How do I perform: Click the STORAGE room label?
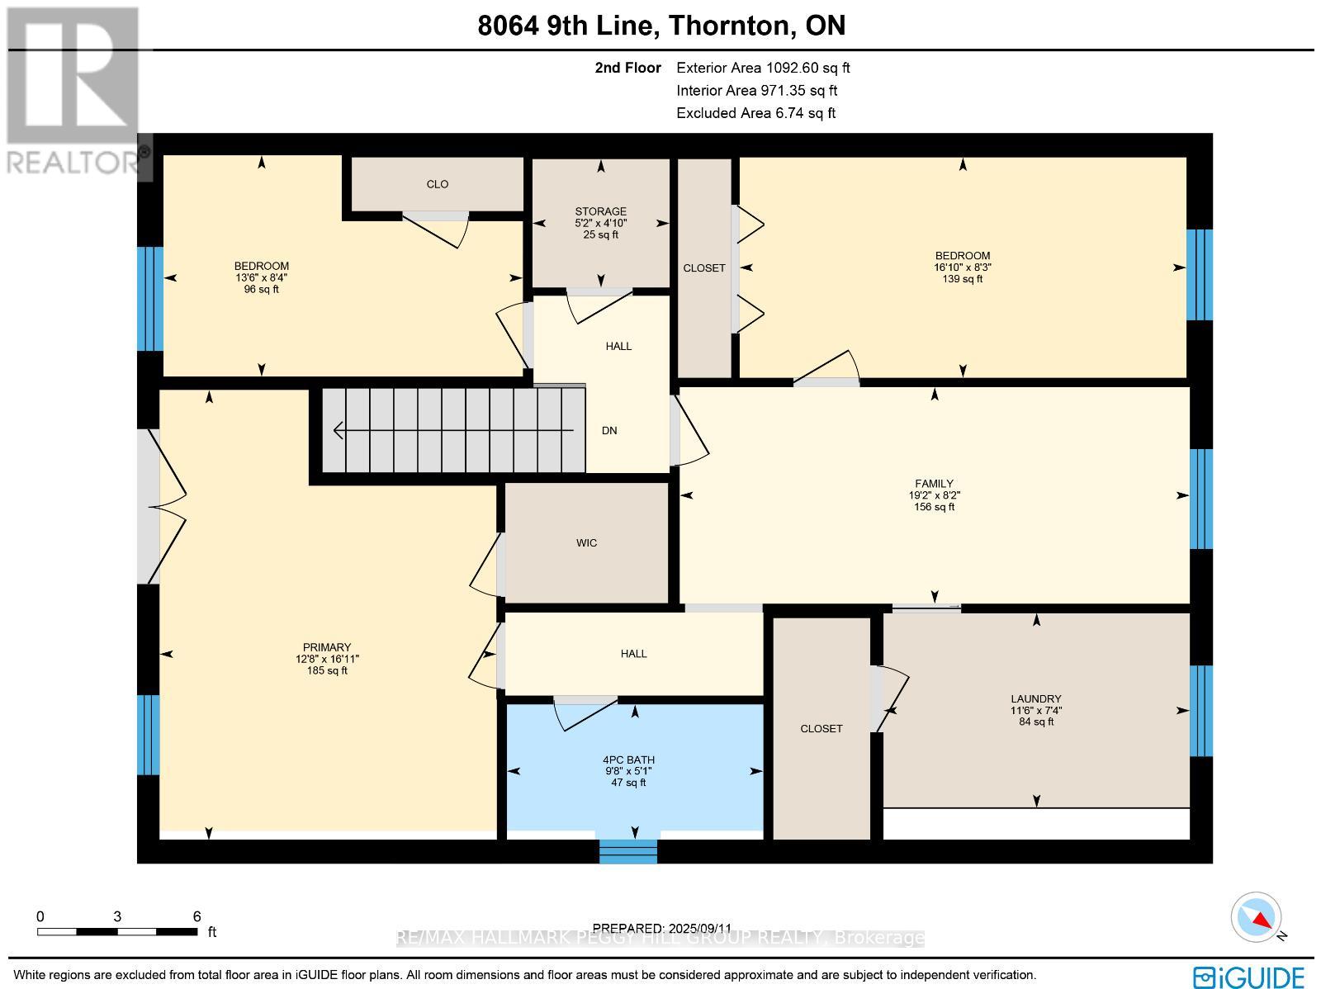pos(600,211)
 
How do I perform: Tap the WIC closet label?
pos(586,542)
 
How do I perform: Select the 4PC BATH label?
pos(628,759)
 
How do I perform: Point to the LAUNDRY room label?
pos(1036,698)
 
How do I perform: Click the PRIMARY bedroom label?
pos(327,647)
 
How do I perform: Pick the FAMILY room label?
pos(934,484)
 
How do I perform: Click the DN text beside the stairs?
pos(609,431)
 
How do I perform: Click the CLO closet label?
pos(438,184)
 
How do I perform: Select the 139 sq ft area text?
pos(963,279)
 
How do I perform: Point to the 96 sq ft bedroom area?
pos(262,289)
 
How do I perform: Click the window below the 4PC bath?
pos(628,850)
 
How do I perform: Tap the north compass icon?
pos(1256,917)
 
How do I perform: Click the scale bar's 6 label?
pos(196,916)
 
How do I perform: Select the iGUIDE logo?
pos(1249,976)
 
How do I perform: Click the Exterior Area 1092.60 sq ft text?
pos(763,68)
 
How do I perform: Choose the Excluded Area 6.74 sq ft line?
pos(755,113)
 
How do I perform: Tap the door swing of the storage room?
pos(599,305)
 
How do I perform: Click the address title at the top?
pos(661,26)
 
